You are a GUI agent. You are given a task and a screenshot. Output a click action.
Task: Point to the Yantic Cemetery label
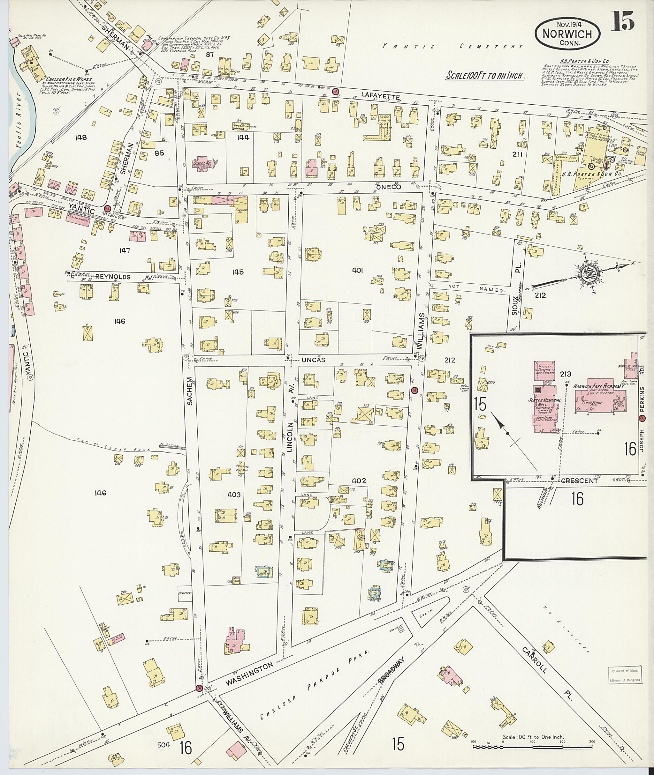pyautogui.click(x=452, y=47)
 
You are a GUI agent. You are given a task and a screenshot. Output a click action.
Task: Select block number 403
pyautogui.click(x=234, y=494)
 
